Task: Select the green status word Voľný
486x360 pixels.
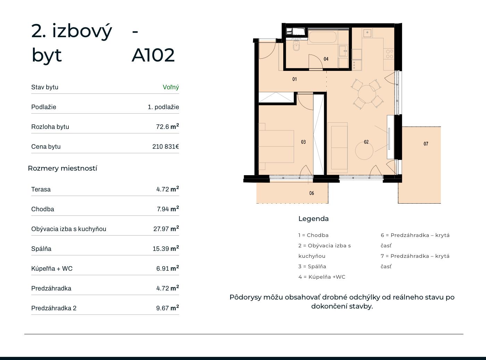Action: [x=171, y=87]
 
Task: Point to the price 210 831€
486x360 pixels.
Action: [x=166, y=146]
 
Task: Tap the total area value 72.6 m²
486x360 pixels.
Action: [x=167, y=126]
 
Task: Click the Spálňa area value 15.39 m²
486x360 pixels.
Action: [x=166, y=248]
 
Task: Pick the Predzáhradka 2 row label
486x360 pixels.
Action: [x=54, y=308]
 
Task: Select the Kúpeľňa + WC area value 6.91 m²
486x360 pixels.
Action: [x=167, y=268]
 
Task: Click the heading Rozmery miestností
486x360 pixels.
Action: [x=62, y=168]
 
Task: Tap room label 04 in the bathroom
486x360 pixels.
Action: [x=326, y=59]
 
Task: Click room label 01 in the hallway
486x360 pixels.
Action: [x=294, y=79]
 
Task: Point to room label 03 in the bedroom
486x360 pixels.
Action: [x=303, y=142]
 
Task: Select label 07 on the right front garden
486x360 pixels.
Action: [x=426, y=144]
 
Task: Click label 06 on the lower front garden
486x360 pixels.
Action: [x=312, y=193]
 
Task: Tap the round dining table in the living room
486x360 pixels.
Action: [x=367, y=94]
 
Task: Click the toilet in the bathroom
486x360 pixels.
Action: [x=296, y=46]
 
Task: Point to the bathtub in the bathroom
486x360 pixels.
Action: [x=322, y=37]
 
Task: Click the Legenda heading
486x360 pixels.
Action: [x=313, y=219]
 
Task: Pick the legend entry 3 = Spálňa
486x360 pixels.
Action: [x=312, y=266]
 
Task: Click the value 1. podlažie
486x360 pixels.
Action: [x=163, y=107]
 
